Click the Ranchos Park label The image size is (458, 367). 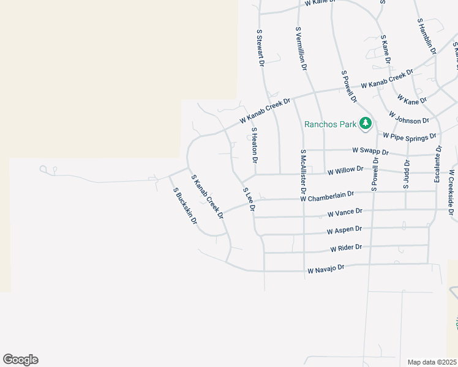coord(331,125)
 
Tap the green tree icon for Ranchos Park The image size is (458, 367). coord(366,124)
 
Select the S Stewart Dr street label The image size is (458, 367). coord(260,46)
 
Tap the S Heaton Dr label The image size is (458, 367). coord(254,145)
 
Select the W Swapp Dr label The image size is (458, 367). coord(370,150)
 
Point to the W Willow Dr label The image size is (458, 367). coord(345,170)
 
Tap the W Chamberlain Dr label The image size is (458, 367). coord(327,196)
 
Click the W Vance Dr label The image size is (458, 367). coord(345,213)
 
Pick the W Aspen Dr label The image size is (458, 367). coord(344,230)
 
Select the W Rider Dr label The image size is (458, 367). coord(346,248)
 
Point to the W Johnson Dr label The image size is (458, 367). coord(409,116)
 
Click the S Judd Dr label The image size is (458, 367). coord(406,172)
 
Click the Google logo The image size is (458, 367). coord(20,360)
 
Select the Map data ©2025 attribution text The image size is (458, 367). coord(432,362)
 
